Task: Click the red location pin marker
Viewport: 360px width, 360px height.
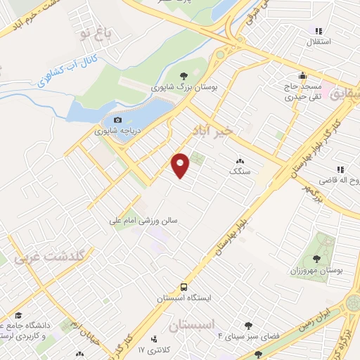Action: (181, 165)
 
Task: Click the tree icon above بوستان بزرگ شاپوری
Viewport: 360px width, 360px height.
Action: (184, 76)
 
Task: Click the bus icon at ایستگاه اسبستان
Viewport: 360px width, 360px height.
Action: (184, 287)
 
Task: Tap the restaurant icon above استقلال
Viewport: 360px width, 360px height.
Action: (318, 31)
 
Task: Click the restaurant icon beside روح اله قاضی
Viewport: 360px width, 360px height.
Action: (340, 169)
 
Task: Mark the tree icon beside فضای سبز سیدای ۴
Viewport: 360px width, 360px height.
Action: (249, 326)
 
